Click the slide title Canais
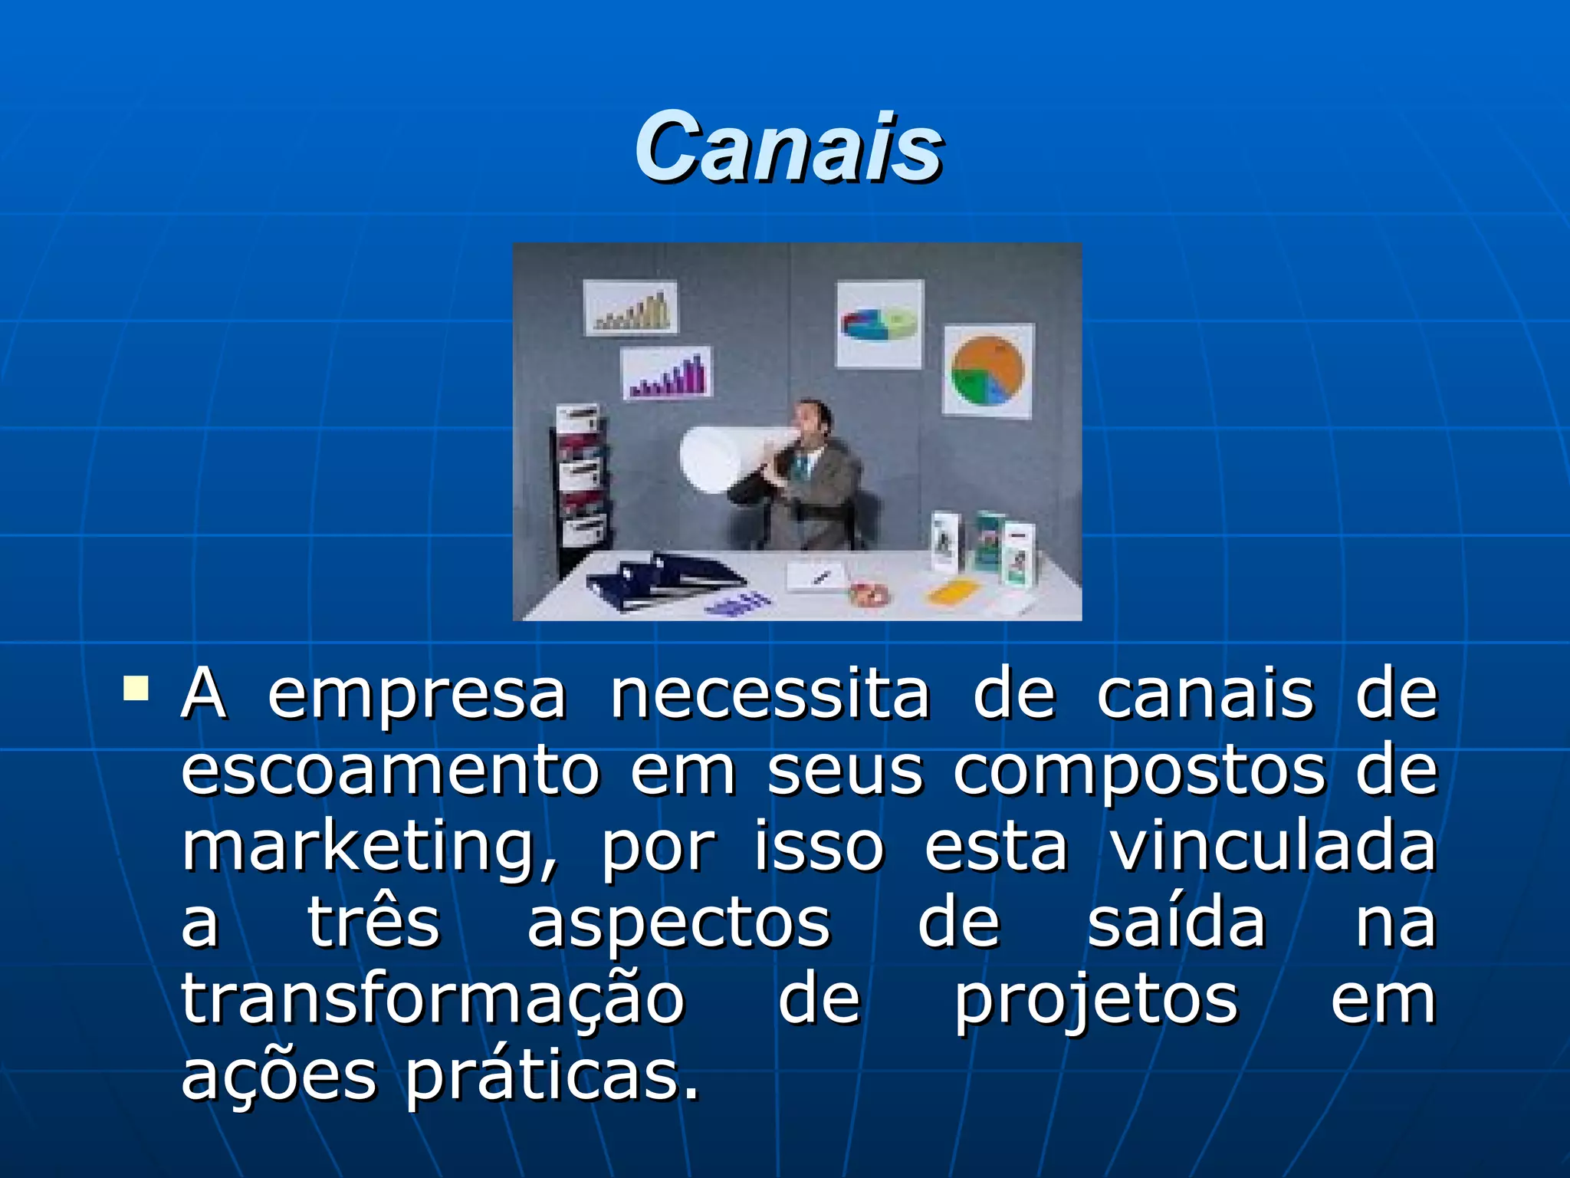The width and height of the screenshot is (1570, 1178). pyautogui.click(x=788, y=147)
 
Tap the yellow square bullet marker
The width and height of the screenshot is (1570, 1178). pyautogui.click(x=136, y=688)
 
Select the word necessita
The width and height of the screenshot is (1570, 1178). pyautogui.click(x=770, y=695)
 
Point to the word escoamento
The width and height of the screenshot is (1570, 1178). pyautogui.click(x=389, y=772)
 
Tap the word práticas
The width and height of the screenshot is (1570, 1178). pyautogui.click(x=552, y=1077)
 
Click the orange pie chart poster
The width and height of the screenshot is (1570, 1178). pyautogui.click(x=987, y=370)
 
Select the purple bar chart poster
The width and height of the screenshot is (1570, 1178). pyautogui.click(x=665, y=373)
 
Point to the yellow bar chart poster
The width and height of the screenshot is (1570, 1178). pyautogui.click(x=630, y=308)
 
